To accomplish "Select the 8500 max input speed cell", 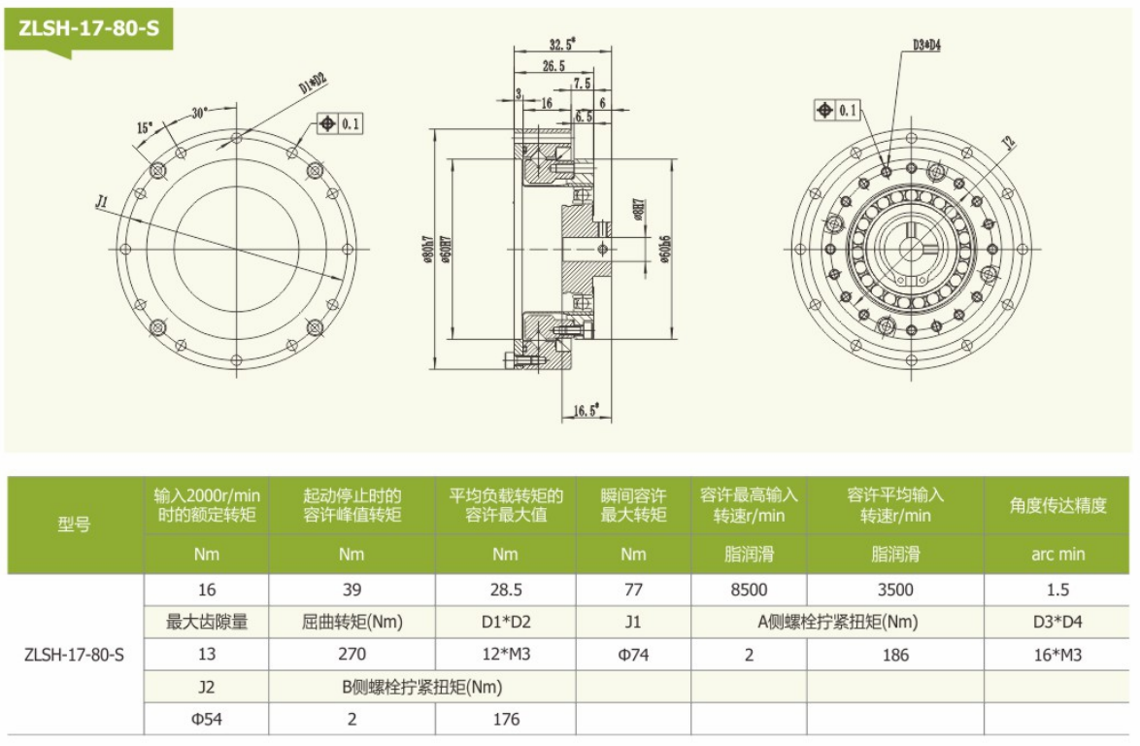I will [749, 590].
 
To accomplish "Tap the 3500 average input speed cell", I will [895, 590].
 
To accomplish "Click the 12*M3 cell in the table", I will [505, 655].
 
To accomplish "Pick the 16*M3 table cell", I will [1059, 655].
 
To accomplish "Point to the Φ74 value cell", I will [633, 655].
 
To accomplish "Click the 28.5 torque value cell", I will [505, 590].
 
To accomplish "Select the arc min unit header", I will [1059, 555].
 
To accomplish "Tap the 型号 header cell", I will [75, 525].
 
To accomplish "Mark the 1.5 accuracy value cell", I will [1059, 590].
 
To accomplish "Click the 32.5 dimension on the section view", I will [561, 44].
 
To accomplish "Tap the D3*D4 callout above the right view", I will [926, 45].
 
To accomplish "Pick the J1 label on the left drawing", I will [101, 202].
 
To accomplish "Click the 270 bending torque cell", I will [352, 655].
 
